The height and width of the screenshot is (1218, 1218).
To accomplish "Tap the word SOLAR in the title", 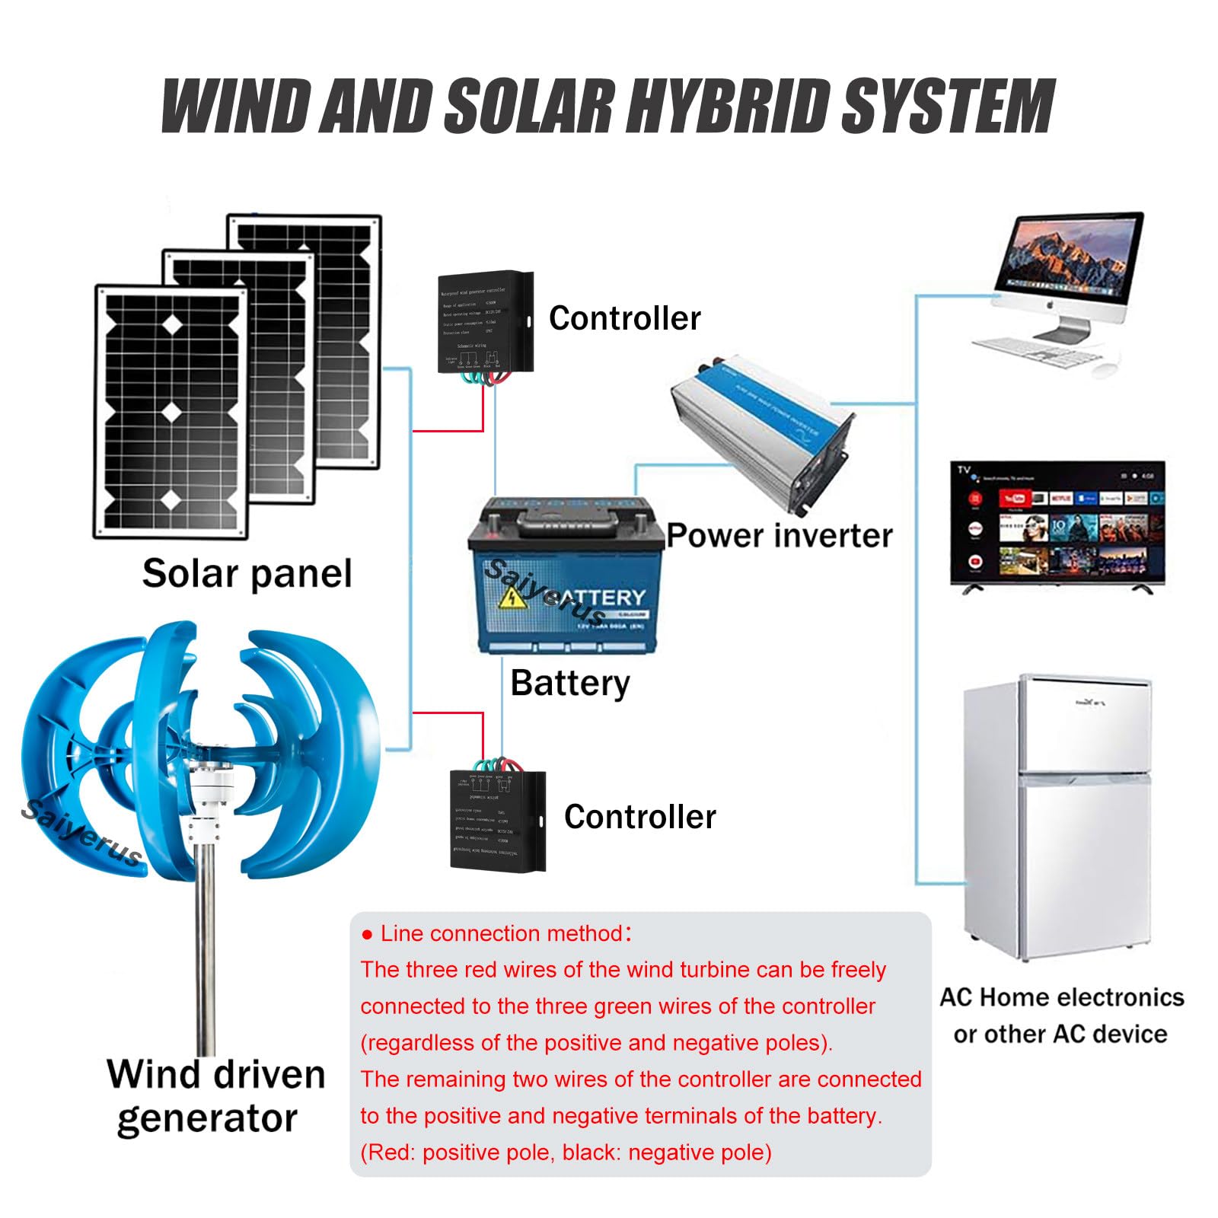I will (528, 107).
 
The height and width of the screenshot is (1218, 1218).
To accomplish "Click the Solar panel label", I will (247, 573).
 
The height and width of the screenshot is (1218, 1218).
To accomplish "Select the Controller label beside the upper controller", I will (624, 318).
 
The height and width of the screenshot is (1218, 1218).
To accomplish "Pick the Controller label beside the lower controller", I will (639, 817).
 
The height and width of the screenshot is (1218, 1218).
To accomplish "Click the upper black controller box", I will (484, 324).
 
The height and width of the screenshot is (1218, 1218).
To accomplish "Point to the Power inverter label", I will (779, 536).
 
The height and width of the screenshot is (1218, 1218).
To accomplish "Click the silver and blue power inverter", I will (761, 434).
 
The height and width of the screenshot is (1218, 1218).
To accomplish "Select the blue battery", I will (563, 579).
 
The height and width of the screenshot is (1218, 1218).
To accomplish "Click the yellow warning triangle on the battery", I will (512, 598).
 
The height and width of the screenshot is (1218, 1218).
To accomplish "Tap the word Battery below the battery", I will (569, 683).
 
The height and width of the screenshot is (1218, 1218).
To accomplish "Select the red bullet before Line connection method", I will (367, 935).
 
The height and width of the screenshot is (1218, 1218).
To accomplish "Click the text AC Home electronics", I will (1061, 997).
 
